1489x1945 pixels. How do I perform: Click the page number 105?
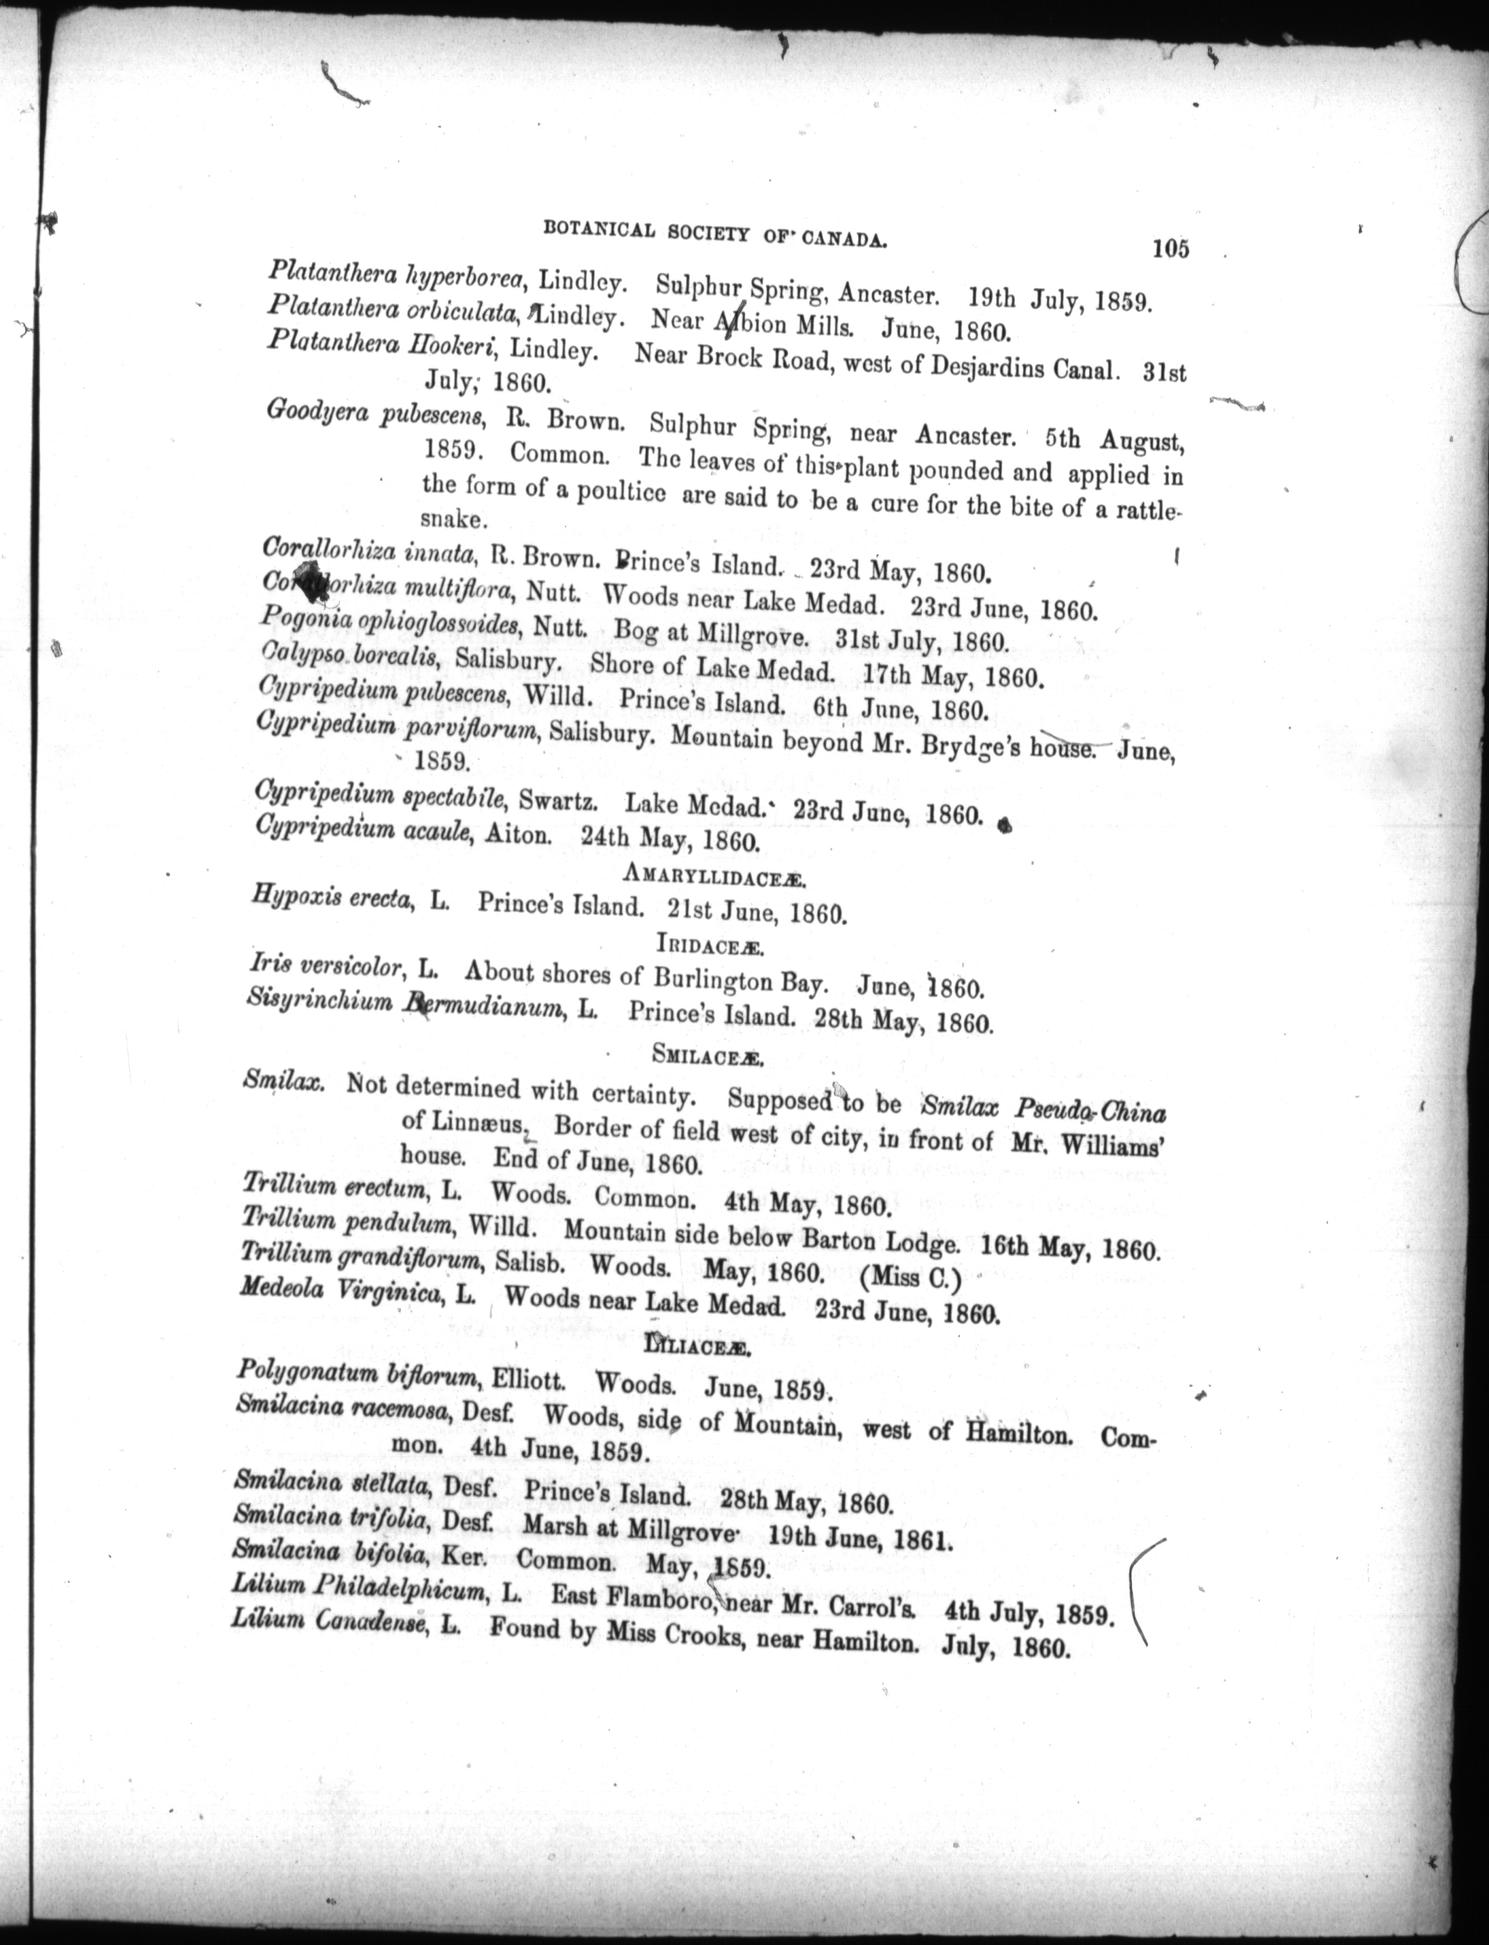pyautogui.click(x=1170, y=250)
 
